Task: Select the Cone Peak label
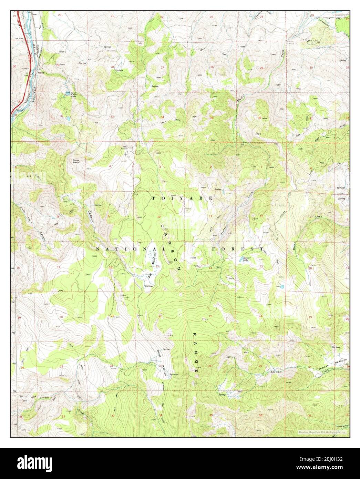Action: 76,161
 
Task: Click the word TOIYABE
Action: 182,198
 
